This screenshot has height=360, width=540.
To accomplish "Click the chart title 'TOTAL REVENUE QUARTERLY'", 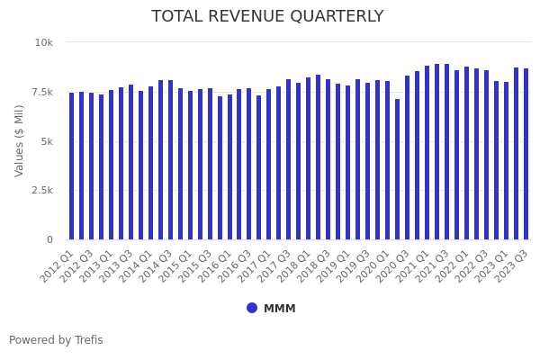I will pyautogui.click(x=267, y=17).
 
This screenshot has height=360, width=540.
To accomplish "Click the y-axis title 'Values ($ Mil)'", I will pyautogui.click(x=20, y=140).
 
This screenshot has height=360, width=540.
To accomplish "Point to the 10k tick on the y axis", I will pyautogui.click(x=44, y=42).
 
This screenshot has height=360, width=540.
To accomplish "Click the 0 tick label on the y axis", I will pyautogui.click(x=50, y=239).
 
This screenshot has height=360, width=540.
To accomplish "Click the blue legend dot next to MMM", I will pyautogui.click(x=252, y=308).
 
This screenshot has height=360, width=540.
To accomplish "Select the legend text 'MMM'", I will pyautogui.click(x=279, y=309).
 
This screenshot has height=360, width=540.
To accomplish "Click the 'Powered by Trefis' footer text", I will pyautogui.click(x=56, y=340).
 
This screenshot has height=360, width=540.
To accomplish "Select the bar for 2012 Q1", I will pyautogui.click(x=72, y=166).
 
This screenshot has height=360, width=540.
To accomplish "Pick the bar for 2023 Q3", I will pyautogui.click(x=526, y=154).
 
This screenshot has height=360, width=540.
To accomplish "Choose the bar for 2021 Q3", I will pyautogui.click(x=446, y=152).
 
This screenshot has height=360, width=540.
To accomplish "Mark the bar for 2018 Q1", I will pyautogui.click(x=309, y=158).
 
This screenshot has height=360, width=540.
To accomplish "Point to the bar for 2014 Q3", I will pyautogui.click(x=171, y=160).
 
